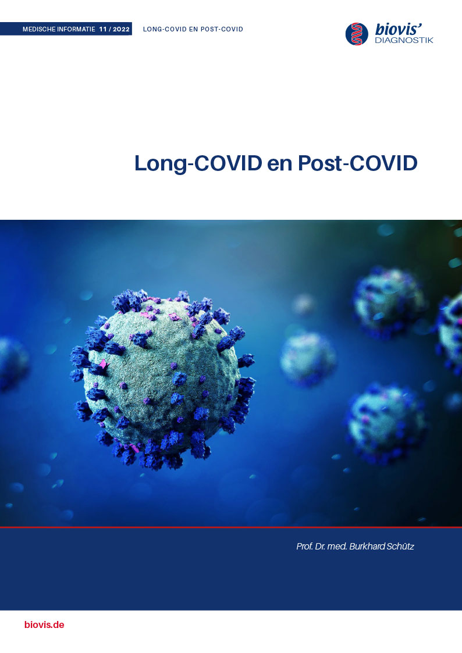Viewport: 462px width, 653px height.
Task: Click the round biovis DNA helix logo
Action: point(357,34)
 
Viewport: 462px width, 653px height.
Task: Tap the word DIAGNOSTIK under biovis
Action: point(404,40)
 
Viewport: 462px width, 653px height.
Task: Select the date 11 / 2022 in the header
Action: point(114,29)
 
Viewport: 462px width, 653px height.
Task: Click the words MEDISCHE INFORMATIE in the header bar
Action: point(59,29)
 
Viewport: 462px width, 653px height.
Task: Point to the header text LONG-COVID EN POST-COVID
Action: point(193,29)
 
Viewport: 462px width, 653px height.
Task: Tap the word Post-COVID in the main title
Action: point(357,163)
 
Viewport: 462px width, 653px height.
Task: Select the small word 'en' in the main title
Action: point(279,165)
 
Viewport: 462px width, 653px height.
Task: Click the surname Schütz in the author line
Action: point(400,547)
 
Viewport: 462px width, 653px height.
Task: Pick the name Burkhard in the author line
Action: point(367,547)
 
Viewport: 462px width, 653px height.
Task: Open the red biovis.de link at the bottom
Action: point(44,625)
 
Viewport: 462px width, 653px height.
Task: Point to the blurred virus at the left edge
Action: point(12,365)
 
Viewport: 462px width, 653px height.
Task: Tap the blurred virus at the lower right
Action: point(386,423)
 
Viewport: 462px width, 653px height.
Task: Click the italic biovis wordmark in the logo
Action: point(399,29)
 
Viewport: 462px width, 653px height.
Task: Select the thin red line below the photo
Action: point(231,527)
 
